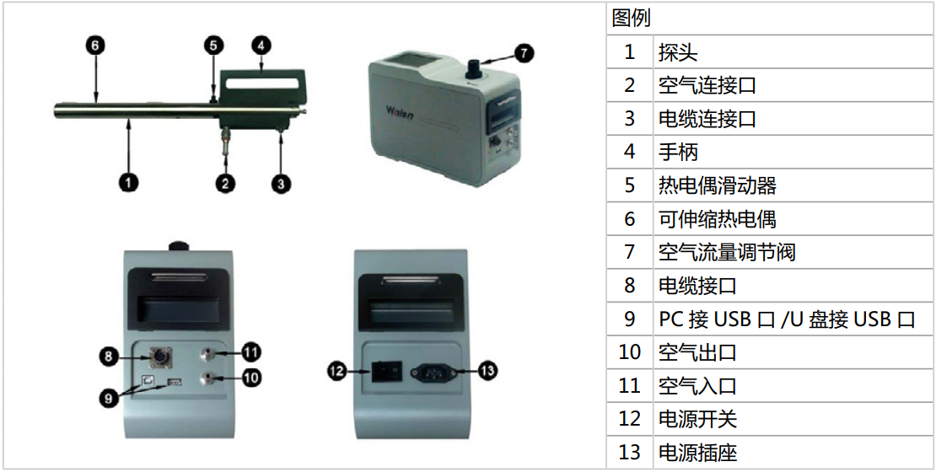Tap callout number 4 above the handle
(261, 45)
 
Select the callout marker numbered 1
(128, 182)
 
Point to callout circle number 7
(524, 53)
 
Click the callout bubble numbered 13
(487, 371)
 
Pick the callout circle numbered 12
(337, 371)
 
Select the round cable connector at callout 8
(160, 358)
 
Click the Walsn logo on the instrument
(400, 111)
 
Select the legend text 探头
(678, 52)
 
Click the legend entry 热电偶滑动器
(717, 185)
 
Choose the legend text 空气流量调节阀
(727, 252)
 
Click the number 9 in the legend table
(630, 319)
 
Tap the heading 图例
(631, 19)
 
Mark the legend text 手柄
(678, 152)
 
